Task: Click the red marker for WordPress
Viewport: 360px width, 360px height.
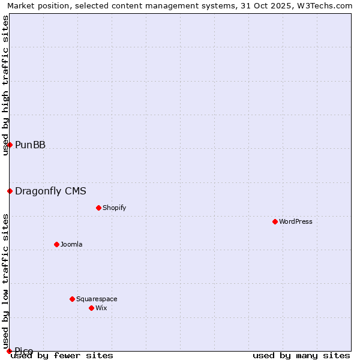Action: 275,221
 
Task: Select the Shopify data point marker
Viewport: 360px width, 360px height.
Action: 98,208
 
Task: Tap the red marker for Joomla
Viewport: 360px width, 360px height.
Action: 56,244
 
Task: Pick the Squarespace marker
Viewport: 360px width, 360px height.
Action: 72,299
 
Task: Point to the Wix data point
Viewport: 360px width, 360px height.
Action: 91,308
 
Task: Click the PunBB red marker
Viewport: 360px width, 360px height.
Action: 10,145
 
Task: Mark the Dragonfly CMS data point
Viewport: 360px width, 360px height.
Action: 10,191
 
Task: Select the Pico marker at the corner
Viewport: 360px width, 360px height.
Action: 9,351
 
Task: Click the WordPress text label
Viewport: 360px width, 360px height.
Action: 296,221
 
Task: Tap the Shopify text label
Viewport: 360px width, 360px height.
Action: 115,208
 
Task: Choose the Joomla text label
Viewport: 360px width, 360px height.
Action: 71,244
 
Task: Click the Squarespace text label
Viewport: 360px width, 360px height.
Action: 97,299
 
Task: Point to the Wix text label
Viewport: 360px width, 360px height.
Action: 101,308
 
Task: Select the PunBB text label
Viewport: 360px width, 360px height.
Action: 30,145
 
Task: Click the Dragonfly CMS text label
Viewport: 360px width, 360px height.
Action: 50,191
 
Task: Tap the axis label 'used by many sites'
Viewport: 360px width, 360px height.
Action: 301,355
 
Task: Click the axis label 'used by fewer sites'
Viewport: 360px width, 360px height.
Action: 62,355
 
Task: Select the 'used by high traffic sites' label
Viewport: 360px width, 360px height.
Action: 5,85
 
